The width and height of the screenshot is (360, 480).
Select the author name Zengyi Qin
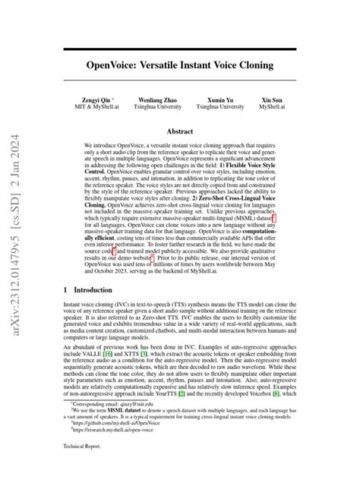[x=97, y=100]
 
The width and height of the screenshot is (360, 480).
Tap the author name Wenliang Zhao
[x=156, y=100]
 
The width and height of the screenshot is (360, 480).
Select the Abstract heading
[x=179, y=131]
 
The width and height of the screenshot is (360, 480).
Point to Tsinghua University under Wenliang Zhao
[x=156, y=107]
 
